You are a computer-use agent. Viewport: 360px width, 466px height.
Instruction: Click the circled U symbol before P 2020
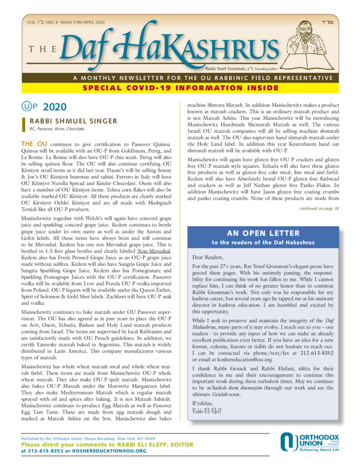[x=26, y=107]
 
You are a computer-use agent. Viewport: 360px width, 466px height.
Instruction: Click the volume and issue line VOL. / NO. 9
[x=56, y=21]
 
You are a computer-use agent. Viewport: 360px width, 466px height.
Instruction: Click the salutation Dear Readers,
[x=208, y=256]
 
